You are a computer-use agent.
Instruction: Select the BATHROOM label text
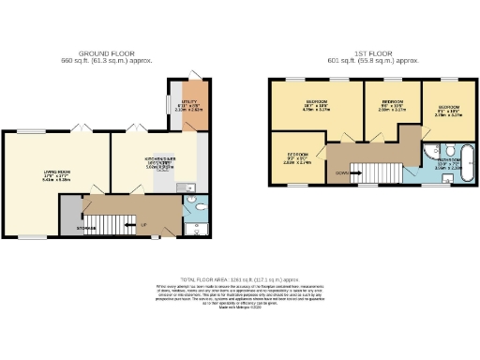pyautogui.click(x=447, y=160)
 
